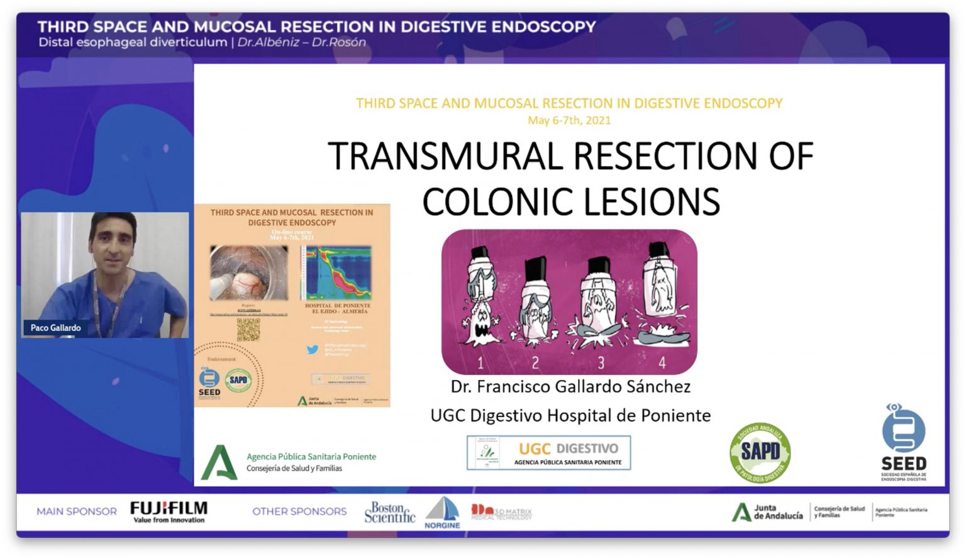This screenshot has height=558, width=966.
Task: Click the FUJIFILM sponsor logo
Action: pos(169,511)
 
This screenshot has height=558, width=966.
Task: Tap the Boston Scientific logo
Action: pos(389,513)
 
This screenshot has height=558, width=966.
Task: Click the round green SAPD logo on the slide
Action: pos(760,452)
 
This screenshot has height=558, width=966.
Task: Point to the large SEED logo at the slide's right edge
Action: pos(903,442)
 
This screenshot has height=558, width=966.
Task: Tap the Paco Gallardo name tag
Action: pos(55,328)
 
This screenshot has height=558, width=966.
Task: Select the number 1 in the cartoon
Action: pos(480,363)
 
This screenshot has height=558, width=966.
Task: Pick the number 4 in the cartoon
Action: pos(662,362)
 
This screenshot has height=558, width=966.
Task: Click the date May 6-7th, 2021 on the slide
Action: pos(569,120)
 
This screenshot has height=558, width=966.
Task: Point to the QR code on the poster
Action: pos(248,330)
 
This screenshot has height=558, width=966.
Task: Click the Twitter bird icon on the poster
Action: pos(313,349)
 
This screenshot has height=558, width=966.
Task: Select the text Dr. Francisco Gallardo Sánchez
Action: pos(570,386)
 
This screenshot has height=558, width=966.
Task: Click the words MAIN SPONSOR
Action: pos(77,511)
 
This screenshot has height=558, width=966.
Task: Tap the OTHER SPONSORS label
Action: pos(299,511)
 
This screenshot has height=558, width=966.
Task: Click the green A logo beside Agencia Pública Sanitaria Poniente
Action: pos(219,462)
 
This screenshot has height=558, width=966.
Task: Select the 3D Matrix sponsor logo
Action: pos(501,512)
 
